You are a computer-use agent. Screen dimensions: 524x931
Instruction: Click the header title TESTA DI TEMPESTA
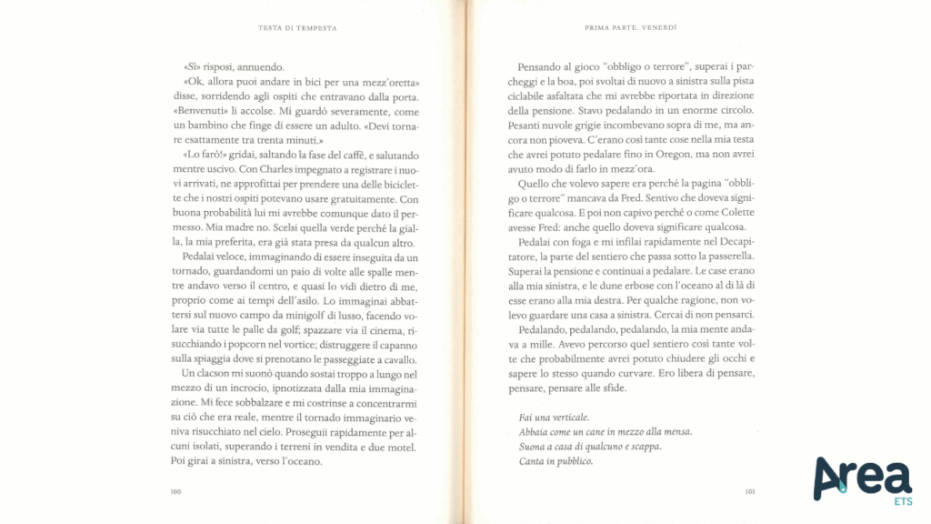click(298, 28)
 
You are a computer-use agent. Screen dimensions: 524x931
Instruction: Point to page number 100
click(175, 492)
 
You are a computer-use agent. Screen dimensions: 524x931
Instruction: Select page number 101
click(749, 492)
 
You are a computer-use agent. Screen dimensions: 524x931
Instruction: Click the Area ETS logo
click(862, 479)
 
